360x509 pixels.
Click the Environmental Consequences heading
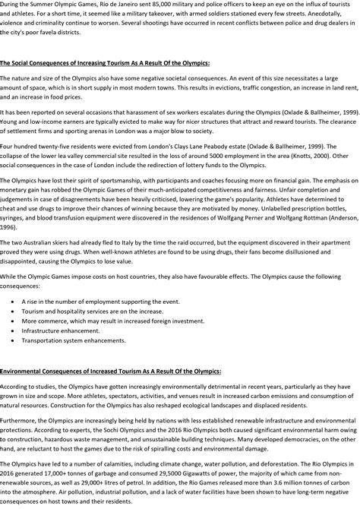point(111,371)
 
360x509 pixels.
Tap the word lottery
point(233,164)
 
